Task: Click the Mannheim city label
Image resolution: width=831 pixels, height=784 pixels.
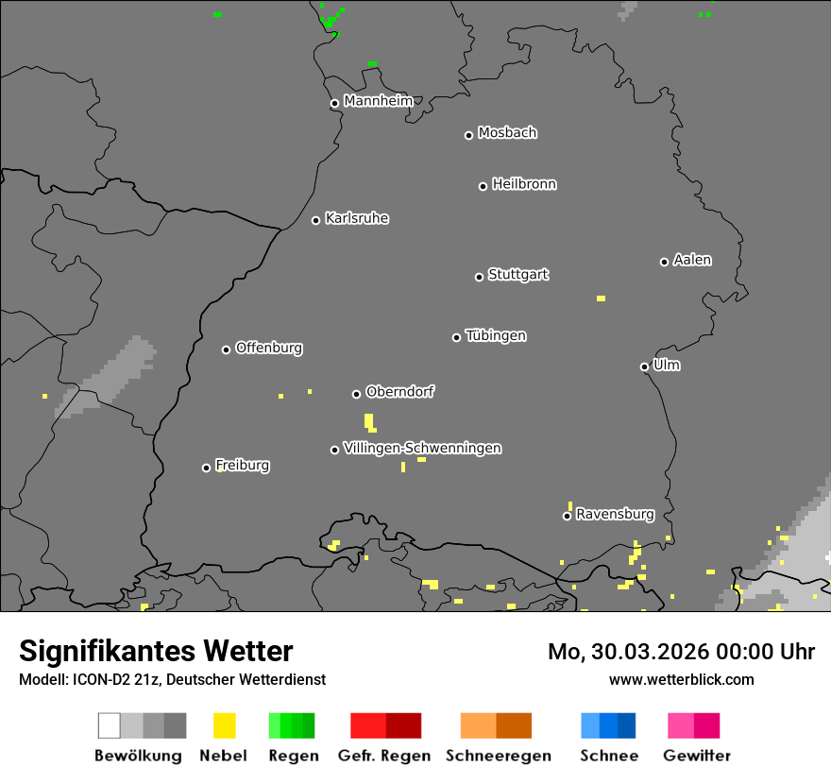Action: click(378, 101)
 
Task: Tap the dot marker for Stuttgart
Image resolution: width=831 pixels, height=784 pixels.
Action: click(479, 277)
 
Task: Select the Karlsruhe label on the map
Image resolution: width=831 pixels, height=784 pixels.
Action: click(357, 218)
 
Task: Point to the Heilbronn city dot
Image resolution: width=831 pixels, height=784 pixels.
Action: click(483, 186)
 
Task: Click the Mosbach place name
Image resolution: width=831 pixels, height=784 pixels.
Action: click(507, 133)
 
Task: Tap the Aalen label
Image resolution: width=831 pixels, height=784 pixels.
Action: click(692, 260)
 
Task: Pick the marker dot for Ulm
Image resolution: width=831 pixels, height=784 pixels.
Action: click(644, 366)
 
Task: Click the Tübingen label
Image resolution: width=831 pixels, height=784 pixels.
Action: click(496, 335)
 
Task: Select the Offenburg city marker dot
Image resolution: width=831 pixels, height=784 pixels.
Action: click(226, 349)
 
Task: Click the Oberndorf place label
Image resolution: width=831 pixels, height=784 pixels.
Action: click(400, 391)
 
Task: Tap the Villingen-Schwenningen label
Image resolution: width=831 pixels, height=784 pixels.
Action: click(422, 448)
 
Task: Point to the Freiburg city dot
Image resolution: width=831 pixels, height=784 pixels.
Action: click(206, 468)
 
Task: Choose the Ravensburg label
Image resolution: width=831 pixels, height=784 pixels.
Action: click(615, 514)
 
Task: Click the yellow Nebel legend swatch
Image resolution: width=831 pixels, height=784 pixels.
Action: click(224, 725)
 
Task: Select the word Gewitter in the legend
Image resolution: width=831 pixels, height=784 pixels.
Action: click(696, 756)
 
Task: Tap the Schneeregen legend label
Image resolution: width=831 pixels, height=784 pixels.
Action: click(499, 756)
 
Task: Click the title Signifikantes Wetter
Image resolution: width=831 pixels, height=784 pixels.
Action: click(156, 651)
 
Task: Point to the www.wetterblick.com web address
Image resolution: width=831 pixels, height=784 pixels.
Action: click(681, 679)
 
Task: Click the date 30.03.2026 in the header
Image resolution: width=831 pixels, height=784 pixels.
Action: click(639, 652)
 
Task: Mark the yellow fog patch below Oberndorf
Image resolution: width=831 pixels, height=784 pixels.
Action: click(369, 421)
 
